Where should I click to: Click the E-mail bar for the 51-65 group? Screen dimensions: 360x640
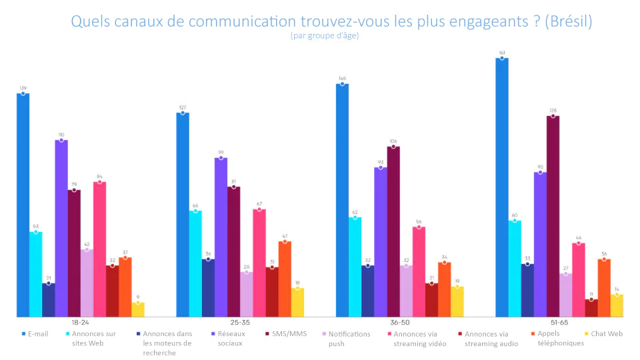502,187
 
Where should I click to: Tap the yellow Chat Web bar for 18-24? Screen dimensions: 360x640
138,310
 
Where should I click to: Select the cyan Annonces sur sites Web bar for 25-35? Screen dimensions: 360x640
195,264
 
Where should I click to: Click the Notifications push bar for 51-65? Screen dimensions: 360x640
566,295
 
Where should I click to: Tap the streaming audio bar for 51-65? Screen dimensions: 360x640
591,308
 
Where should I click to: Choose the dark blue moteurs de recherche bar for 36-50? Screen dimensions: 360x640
367,291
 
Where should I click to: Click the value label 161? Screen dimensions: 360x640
501,52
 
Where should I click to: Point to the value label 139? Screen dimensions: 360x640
23,87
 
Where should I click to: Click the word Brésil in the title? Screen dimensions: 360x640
568,21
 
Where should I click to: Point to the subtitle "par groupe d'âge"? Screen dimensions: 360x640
325,36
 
